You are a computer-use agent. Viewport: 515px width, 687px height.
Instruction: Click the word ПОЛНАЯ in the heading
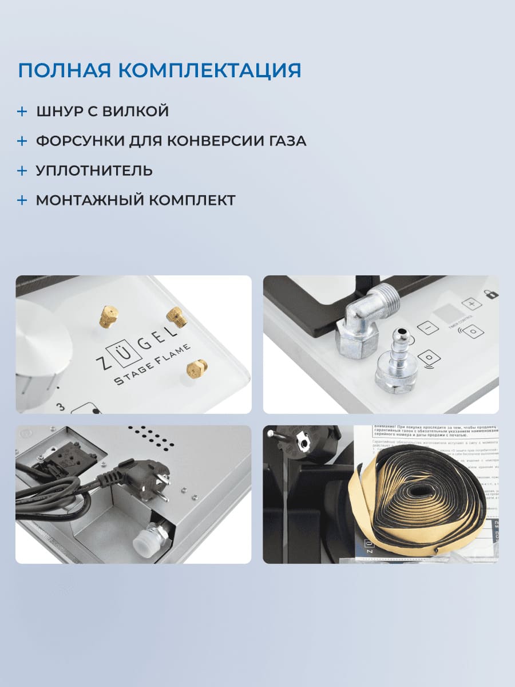[64, 70]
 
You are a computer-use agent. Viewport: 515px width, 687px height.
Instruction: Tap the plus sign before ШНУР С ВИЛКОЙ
[22, 111]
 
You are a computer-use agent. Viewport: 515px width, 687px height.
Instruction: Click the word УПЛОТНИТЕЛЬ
[94, 171]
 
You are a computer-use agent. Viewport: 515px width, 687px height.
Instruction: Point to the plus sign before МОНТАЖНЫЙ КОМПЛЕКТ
[22, 200]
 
